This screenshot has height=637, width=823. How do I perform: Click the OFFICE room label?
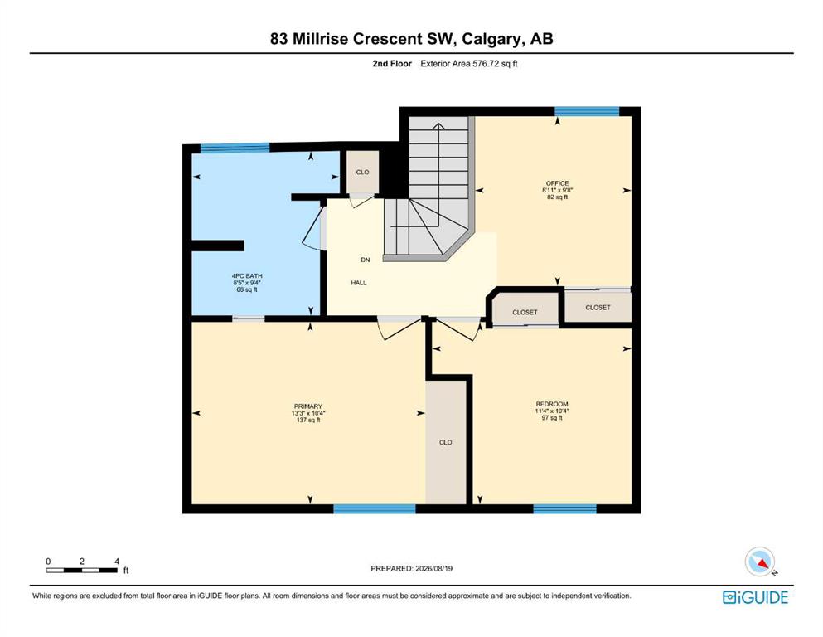click(557, 183)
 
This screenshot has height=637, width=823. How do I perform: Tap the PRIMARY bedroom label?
click(308, 406)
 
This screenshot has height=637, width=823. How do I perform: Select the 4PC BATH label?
click(247, 275)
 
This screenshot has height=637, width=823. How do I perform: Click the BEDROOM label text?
click(552, 405)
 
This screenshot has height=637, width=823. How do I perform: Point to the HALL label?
click(359, 283)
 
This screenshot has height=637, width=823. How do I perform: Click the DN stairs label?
click(366, 260)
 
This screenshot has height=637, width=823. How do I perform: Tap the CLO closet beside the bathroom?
click(363, 173)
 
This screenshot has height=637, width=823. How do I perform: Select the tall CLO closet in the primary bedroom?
click(446, 442)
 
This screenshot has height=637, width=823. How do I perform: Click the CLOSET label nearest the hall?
click(525, 313)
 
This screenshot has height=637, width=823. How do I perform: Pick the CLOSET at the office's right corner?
click(598, 307)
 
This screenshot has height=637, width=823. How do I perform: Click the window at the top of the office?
click(588, 111)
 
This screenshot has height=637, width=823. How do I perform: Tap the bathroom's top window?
click(235, 148)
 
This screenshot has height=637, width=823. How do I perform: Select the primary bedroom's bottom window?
click(375, 509)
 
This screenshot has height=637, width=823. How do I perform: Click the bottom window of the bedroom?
click(565, 509)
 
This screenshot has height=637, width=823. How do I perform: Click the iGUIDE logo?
click(755, 598)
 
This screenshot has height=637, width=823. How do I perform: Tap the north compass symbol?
click(761, 562)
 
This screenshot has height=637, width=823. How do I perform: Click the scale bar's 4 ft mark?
click(117, 562)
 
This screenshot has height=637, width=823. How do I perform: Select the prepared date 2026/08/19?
click(434, 568)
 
